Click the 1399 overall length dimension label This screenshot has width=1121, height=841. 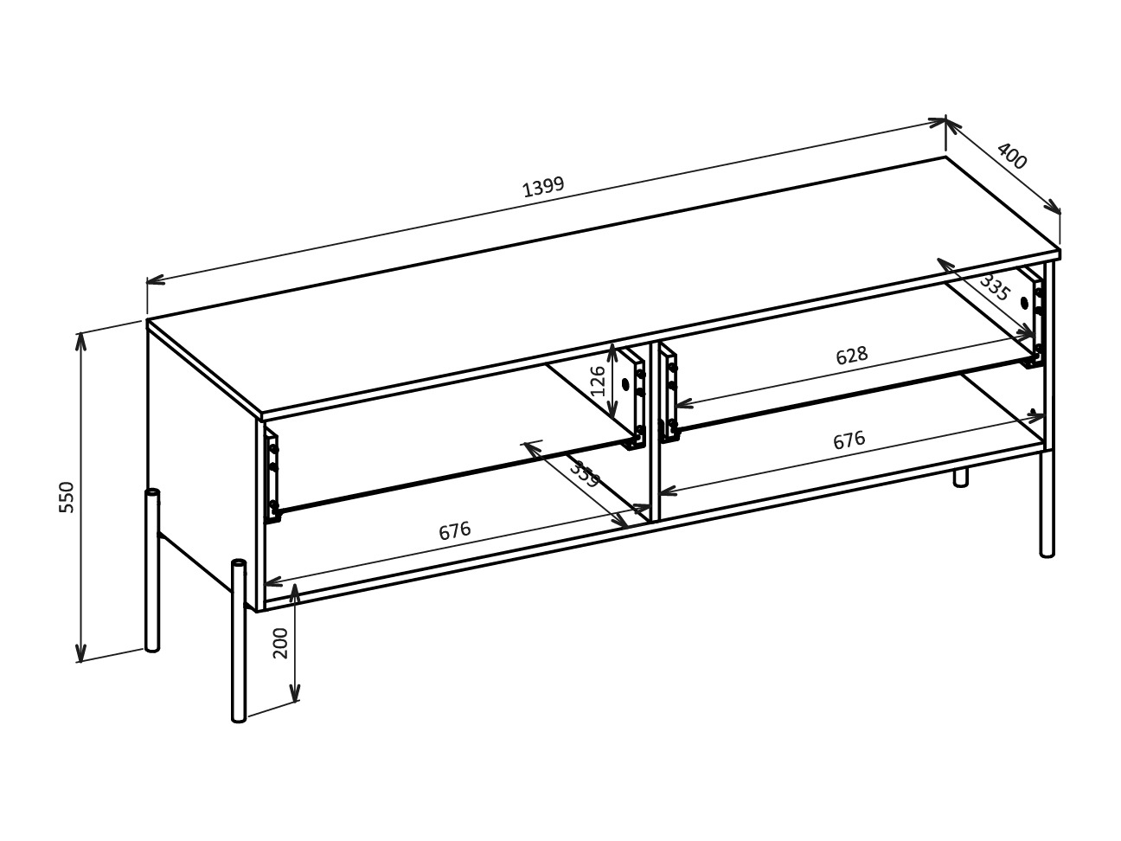pos(543,186)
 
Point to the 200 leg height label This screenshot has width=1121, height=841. pos(281,643)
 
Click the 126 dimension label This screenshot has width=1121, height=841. pos(598,381)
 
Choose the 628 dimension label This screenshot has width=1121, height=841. pos(851,356)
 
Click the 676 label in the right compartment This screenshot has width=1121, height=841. pos(849,440)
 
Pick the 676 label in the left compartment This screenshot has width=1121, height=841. pos(454,530)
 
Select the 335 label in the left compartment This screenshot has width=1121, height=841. pos(585,475)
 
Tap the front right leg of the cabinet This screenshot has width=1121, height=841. pos(1047,502)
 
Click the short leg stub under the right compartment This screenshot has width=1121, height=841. pos(960,478)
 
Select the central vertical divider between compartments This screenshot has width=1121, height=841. pos(655,433)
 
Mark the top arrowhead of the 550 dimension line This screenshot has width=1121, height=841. pos(80,338)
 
